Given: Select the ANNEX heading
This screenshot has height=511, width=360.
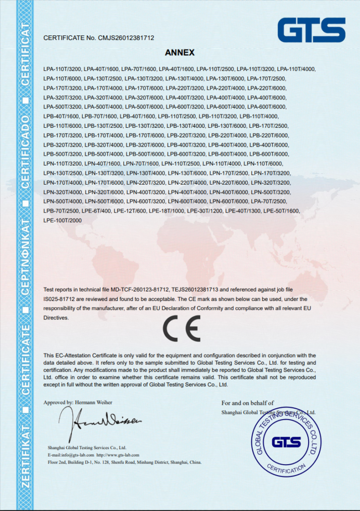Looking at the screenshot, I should tap(180, 52).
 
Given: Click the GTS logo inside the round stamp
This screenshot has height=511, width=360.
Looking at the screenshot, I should tap(286, 442).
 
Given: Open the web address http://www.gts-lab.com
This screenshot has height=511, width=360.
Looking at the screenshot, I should tap(118, 455).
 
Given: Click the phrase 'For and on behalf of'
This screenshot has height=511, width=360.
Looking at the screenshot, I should tap(248, 403).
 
